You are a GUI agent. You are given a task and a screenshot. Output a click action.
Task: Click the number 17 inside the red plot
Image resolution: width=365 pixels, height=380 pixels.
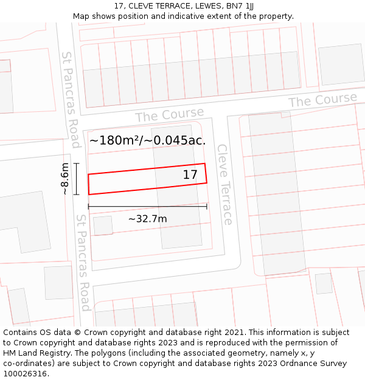tap(190, 175)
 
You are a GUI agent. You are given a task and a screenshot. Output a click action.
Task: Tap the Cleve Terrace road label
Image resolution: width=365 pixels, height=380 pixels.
tap(224, 184)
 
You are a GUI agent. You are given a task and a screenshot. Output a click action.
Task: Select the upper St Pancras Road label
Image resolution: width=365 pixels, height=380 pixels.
tap(71, 99)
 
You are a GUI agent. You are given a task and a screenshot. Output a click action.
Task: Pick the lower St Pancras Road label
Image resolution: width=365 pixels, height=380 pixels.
tap(83, 262)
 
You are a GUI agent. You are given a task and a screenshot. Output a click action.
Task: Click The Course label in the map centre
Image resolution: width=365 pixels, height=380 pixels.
tap(169, 114)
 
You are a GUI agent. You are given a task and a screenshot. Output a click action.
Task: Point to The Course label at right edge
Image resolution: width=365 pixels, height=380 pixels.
tap(322, 100)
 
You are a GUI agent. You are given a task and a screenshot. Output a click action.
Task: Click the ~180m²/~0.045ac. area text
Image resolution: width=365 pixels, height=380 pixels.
tap(148, 140)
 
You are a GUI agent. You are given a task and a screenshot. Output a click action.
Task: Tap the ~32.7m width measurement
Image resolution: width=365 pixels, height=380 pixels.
tap(147, 218)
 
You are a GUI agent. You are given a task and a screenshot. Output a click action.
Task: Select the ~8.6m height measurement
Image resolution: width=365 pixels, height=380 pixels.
tap(65, 179)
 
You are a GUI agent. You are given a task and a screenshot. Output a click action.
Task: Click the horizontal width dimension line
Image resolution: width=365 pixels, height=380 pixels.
tap(147, 207)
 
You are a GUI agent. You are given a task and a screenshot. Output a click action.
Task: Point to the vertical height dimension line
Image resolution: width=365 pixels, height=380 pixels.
tap(76, 179)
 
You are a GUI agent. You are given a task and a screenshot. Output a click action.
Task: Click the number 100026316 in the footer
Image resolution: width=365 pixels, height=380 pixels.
tap(24, 374)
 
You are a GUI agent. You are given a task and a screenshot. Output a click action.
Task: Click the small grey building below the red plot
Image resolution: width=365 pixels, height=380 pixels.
tap(103, 226)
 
